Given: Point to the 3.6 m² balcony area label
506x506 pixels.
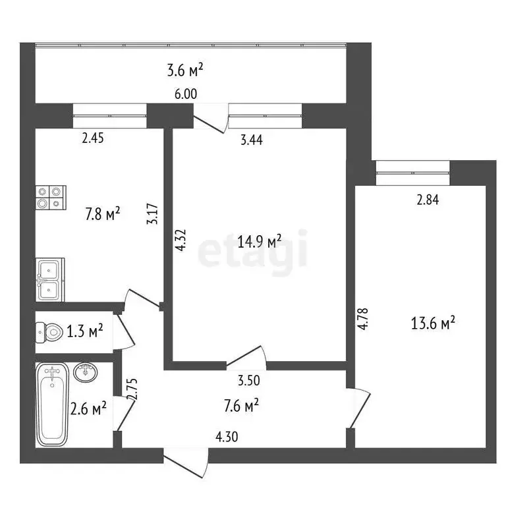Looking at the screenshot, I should [x=185, y=69].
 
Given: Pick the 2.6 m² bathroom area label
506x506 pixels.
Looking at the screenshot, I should [x=89, y=410].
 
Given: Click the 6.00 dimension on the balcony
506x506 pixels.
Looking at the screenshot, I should [x=186, y=94].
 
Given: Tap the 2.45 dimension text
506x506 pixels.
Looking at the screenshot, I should [x=94, y=138].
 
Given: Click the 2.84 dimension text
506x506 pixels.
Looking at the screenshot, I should [x=427, y=201].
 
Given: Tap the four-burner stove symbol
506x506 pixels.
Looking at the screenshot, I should [x=51, y=197].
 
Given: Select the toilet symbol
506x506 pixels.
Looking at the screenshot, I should [x=48, y=331].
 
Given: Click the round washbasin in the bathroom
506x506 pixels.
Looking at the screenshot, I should [x=86, y=372].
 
